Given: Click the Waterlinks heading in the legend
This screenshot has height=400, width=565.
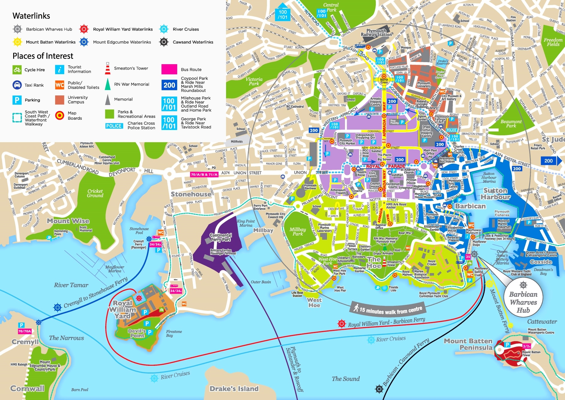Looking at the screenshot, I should (31, 16).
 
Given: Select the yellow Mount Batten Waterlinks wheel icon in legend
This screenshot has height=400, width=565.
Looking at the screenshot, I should (18, 42).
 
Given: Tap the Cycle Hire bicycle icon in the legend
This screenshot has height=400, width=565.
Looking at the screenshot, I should (17, 70).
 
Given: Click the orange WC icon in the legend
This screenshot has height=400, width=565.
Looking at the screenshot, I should (60, 85).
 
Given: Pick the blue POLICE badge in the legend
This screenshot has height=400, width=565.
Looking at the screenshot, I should (114, 126).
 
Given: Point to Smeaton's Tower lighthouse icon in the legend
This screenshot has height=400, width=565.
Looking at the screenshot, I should (108, 68).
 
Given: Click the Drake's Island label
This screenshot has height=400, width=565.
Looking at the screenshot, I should (234, 389).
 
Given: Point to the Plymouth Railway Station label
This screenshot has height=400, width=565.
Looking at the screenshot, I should (376, 33).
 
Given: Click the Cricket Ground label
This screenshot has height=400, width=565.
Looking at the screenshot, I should (95, 193).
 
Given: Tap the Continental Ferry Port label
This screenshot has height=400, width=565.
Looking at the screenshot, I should (221, 237).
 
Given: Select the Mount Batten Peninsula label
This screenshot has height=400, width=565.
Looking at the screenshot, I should (468, 344).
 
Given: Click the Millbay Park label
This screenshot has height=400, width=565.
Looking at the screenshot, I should (298, 231).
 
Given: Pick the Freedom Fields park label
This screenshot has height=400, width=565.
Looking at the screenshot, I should (553, 42).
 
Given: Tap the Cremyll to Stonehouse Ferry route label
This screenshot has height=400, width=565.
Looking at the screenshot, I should (95, 293).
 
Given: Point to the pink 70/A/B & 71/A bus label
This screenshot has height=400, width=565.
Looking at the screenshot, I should (204, 174).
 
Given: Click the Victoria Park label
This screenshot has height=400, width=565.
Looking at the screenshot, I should (254, 81).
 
